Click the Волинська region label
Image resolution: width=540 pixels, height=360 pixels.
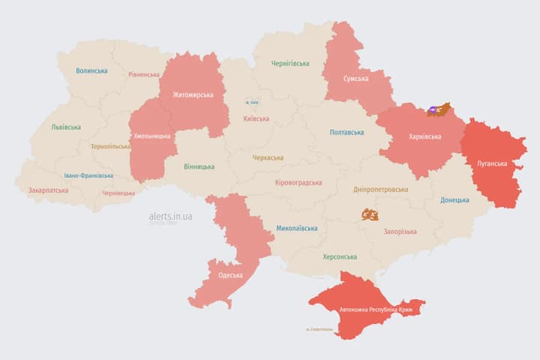click(x=91, y=71)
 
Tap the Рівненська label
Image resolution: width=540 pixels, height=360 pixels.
click(x=144, y=75)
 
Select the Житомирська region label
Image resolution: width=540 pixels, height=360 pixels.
click(x=193, y=95)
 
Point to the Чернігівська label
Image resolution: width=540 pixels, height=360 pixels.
click(x=289, y=64)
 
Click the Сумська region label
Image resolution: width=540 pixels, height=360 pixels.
click(x=355, y=78)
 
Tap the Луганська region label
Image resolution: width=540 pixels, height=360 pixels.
click(x=492, y=163)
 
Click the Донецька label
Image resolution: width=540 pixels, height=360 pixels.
click(x=454, y=200)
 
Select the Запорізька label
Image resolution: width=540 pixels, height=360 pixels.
click(x=399, y=232)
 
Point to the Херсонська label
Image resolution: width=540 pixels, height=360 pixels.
click(x=339, y=256)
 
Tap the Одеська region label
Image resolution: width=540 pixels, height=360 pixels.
click(x=230, y=275)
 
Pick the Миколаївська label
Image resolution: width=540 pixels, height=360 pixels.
click(x=296, y=228)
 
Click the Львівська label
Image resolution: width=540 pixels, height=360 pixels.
click(x=66, y=127)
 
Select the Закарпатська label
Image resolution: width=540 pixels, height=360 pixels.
click(x=48, y=190)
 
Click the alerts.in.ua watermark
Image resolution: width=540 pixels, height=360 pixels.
click(x=170, y=217)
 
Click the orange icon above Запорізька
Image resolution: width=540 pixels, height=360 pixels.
click(x=369, y=215)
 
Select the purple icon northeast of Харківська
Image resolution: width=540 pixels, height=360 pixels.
click(x=433, y=111)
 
